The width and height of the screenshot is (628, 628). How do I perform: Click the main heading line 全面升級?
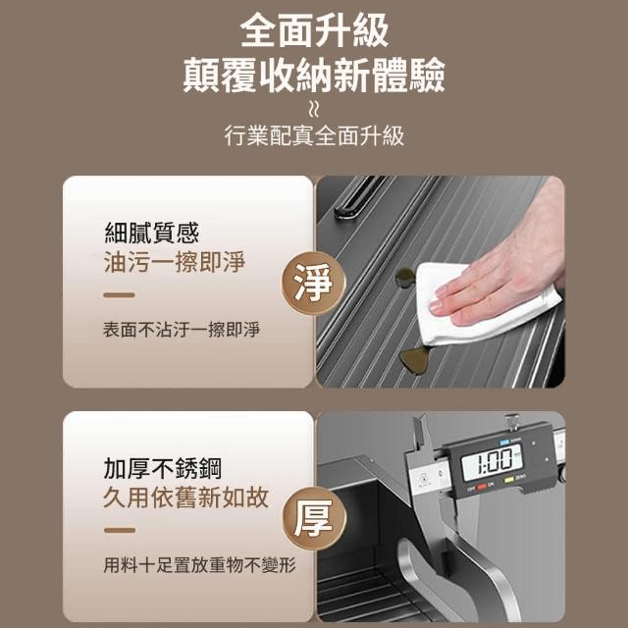tap(314, 30)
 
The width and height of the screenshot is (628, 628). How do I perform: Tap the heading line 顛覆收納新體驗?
tap(314, 75)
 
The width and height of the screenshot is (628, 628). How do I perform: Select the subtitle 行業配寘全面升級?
tap(314, 135)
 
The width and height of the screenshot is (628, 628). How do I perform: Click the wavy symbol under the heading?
tap(314, 109)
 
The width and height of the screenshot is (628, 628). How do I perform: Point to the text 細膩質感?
tap(152, 233)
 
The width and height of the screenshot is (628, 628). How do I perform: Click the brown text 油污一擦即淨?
tap(175, 262)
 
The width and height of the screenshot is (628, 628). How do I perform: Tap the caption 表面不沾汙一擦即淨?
tap(182, 330)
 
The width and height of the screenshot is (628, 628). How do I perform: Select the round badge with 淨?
tap(313, 283)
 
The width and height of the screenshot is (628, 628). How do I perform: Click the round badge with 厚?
tap(314, 519)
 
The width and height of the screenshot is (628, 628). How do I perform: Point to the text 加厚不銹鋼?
tap(162, 468)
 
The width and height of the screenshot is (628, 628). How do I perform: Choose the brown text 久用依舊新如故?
tap(185, 497)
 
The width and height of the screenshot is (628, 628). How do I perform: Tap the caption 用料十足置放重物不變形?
tap(199, 565)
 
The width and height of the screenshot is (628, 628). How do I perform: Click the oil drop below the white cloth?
tap(415, 359)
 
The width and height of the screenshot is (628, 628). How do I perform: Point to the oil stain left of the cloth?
tap(404, 277)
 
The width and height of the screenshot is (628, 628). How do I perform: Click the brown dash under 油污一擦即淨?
tap(119, 295)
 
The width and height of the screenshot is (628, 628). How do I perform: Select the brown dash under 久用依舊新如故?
tap(120, 530)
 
